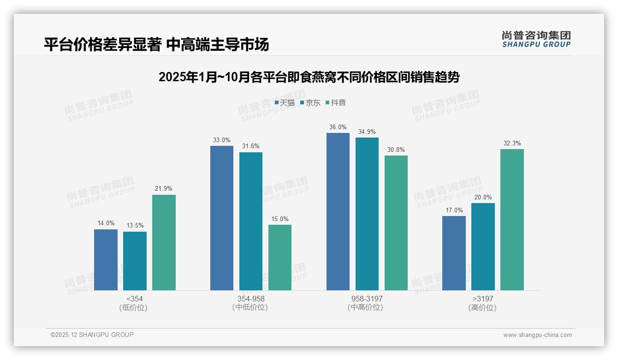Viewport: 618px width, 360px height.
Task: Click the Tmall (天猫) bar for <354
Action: click(x=106, y=260)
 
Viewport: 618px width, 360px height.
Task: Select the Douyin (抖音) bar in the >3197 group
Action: click(x=512, y=220)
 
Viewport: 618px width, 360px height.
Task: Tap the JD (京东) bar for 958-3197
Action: click(x=367, y=214)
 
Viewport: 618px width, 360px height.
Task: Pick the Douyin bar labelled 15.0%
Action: click(x=280, y=258)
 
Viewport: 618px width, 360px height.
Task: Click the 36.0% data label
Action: click(x=338, y=127)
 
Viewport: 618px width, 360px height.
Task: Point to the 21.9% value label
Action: click(x=164, y=189)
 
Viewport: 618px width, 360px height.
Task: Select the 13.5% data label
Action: click(x=135, y=226)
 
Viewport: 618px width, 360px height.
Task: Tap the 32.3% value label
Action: click(x=512, y=144)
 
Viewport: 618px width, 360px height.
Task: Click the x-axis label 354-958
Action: click(x=251, y=299)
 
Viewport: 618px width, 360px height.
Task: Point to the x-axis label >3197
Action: click(x=483, y=299)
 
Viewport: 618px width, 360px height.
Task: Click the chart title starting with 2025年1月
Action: click(x=309, y=77)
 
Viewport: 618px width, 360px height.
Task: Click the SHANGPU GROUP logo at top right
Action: click(x=536, y=39)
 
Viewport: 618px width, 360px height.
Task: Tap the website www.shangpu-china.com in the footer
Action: click(x=537, y=335)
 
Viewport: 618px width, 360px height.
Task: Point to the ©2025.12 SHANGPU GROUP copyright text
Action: click(x=92, y=335)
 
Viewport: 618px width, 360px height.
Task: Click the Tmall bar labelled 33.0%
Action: click(x=222, y=218)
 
